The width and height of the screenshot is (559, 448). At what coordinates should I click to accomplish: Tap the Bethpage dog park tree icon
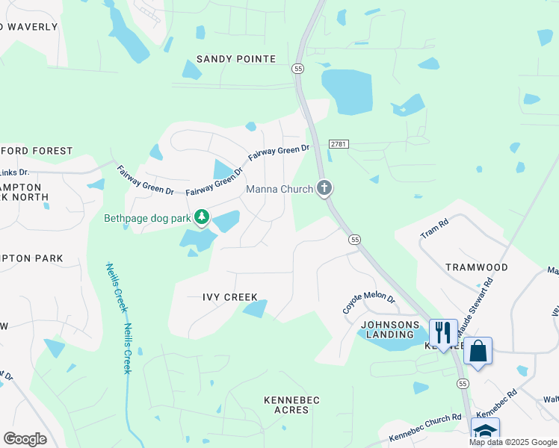[201, 217]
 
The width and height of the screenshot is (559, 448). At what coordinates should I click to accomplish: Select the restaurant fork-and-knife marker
[442, 332]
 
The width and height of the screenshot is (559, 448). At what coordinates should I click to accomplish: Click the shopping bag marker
[478, 350]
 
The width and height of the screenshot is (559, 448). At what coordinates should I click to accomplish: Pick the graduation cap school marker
[485, 432]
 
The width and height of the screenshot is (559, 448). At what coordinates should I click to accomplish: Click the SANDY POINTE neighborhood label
[236, 59]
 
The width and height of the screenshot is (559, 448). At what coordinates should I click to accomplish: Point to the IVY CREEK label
[230, 297]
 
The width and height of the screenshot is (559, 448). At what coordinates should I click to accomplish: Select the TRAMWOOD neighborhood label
[477, 267]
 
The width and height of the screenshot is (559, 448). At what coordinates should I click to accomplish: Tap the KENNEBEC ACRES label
[291, 405]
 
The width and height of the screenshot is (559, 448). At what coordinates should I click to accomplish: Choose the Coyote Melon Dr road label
[368, 302]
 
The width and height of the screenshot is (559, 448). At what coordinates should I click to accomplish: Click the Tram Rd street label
[433, 228]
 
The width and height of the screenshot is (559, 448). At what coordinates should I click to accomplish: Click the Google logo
[25, 439]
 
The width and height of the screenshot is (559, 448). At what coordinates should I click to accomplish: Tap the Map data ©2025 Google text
[512, 442]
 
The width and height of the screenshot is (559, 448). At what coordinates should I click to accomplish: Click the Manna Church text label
[279, 190]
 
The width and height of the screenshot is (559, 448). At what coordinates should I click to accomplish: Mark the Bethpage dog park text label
[147, 219]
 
